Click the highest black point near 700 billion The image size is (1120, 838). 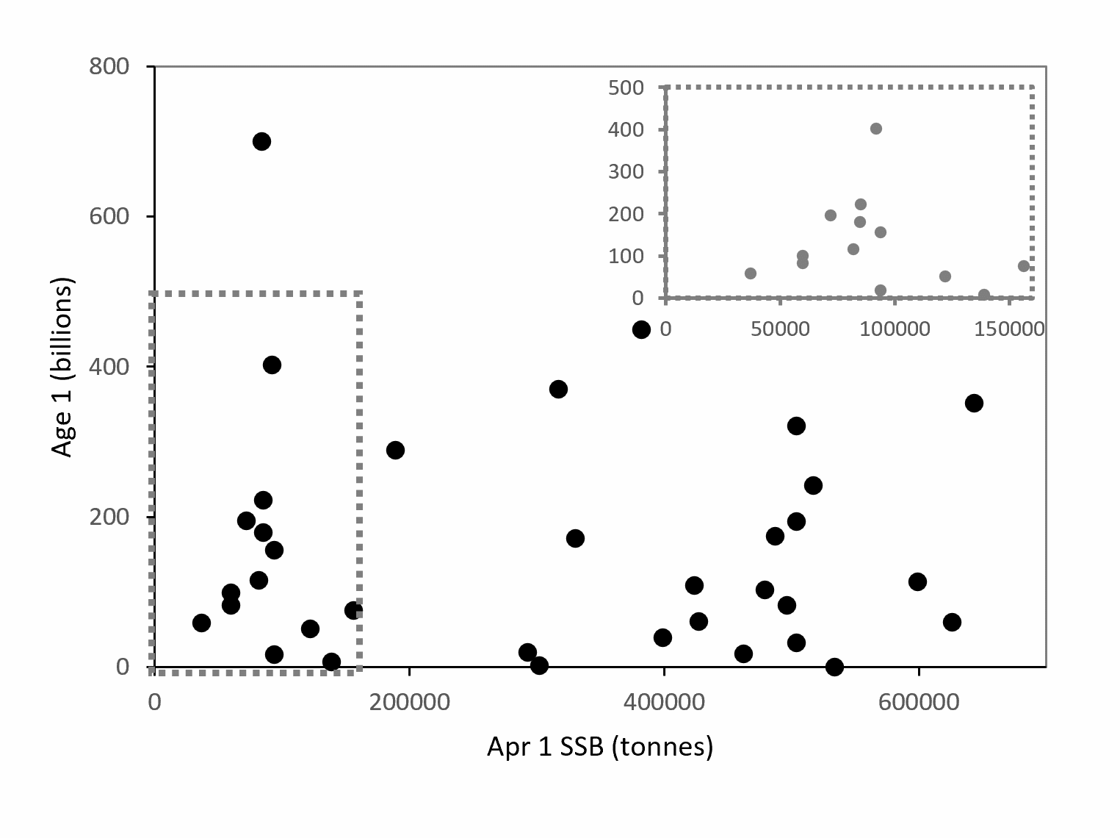click(261, 141)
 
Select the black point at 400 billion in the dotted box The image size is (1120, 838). click(272, 365)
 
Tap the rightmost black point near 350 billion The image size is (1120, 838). click(974, 403)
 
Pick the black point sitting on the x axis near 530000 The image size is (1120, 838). click(834, 667)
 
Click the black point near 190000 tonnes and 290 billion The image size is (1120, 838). click(395, 450)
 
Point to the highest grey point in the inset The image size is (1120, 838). click(875, 129)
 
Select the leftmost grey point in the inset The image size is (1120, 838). click(750, 273)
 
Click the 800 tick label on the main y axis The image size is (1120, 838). click(109, 67)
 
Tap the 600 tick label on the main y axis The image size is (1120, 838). click(109, 217)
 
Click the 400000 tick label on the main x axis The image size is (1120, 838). click(664, 702)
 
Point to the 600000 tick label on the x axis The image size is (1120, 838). click(919, 702)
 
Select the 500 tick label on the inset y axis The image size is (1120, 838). click(626, 87)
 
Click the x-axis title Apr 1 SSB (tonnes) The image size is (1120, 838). click(600, 747)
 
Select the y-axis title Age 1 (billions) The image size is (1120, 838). click(63, 367)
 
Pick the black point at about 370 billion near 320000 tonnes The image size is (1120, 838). click(558, 389)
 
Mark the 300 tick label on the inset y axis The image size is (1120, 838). click(626, 172)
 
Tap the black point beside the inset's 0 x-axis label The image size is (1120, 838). click(641, 330)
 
